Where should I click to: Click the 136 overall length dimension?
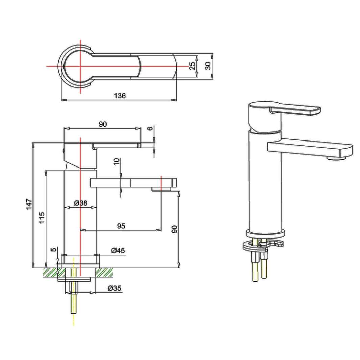120,96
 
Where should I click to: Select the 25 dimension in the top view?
193,66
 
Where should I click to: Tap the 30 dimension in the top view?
208,66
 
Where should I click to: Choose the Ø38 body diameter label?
80,203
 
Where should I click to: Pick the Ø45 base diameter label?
118,250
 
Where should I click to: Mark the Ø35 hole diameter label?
114,288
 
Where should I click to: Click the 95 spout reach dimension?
121,226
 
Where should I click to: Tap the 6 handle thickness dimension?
150,128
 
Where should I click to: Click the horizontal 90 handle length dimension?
103,124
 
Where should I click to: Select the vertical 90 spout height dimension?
174,230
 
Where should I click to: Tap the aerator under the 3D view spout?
337,158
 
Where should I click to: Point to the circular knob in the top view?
80,66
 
